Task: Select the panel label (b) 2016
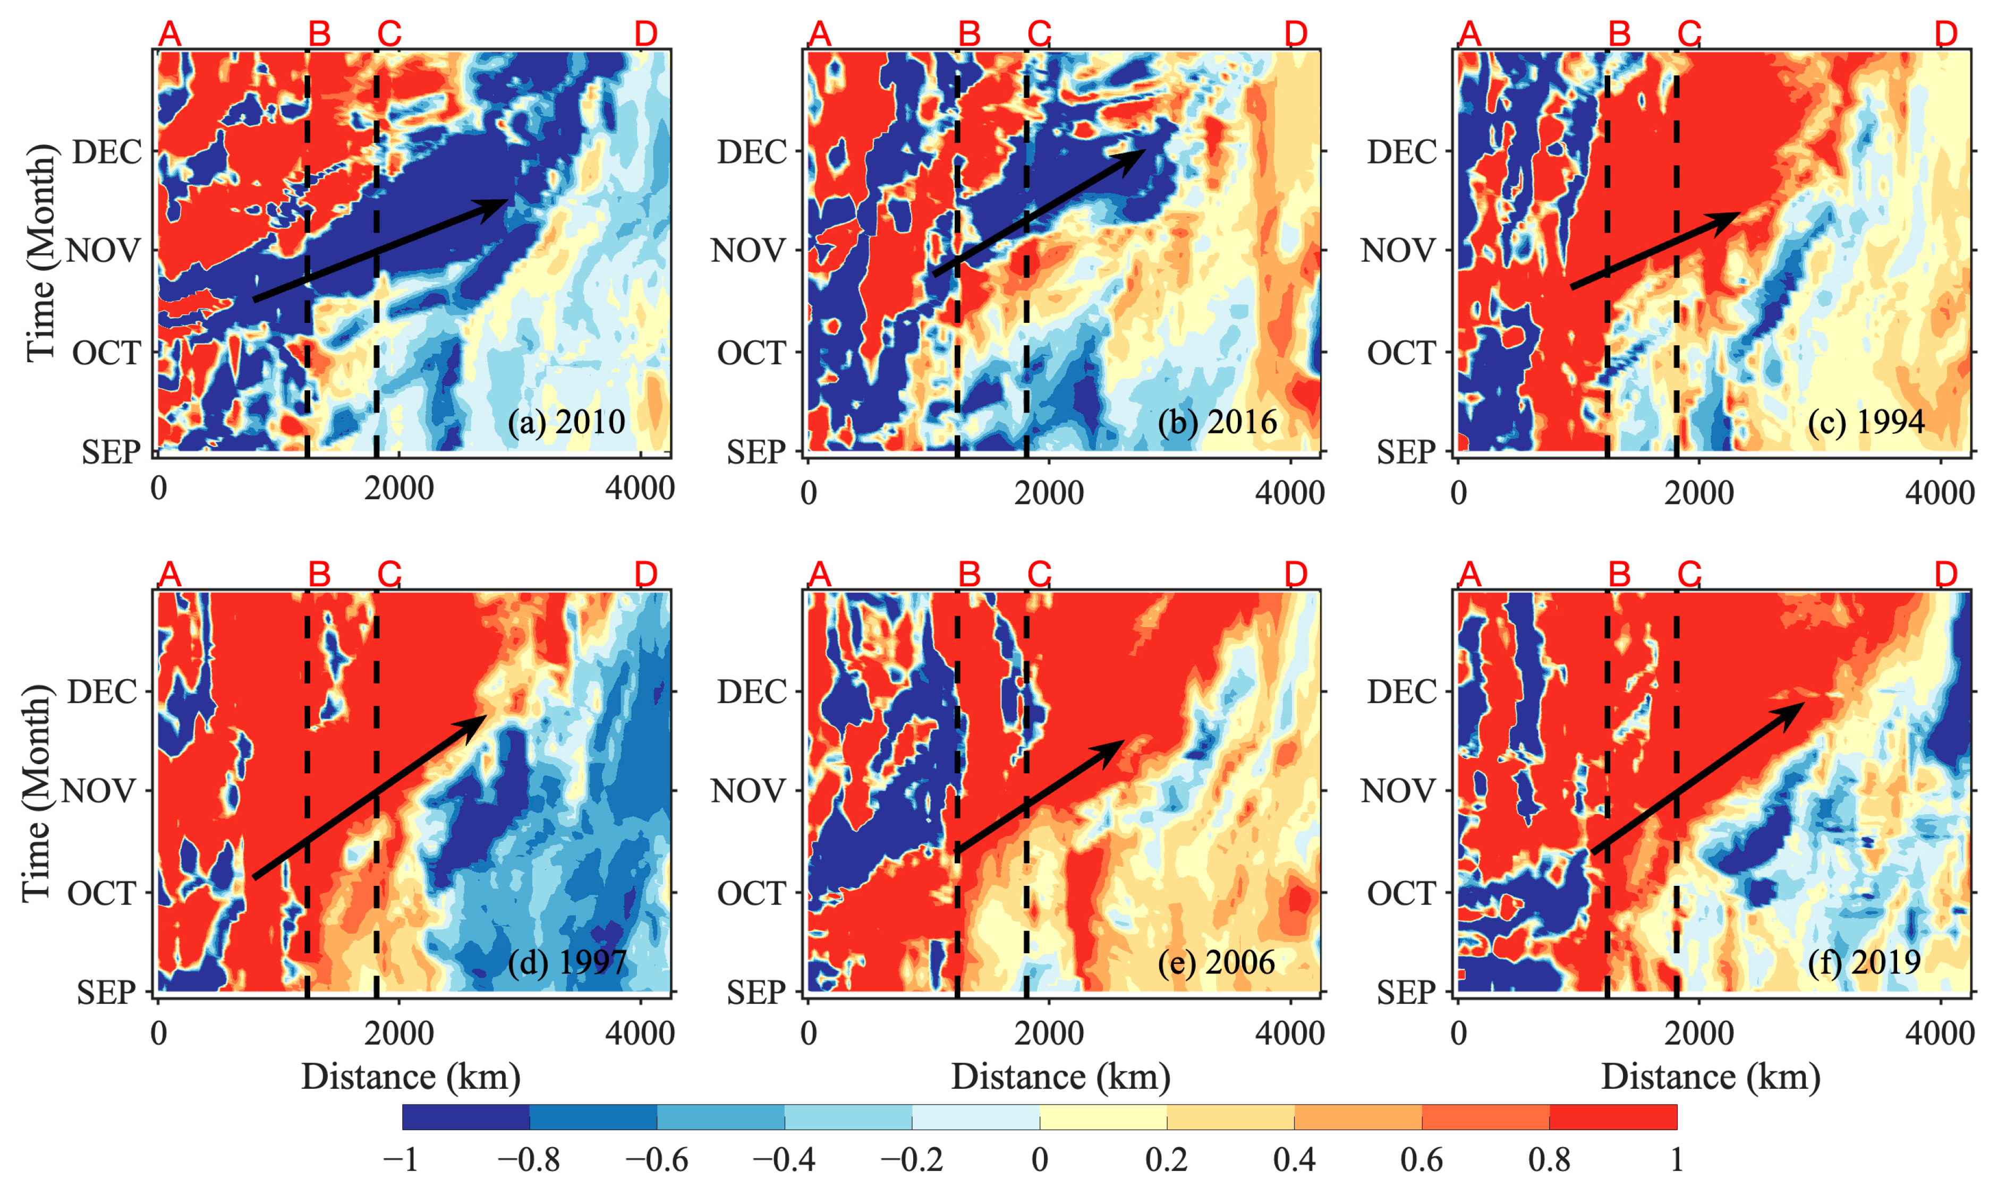(1217, 422)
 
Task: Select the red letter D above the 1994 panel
(1945, 34)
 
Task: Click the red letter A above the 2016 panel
(820, 34)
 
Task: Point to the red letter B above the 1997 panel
(320, 574)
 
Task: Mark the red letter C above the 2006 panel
(1039, 574)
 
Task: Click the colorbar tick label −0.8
(529, 1160)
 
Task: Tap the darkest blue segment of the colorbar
(466, 1117)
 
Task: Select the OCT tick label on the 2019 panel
(1401, 893)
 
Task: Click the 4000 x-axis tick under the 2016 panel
(1289, 492)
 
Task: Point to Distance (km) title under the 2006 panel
(1060, 1077)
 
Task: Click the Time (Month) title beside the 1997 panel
(36, 794)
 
